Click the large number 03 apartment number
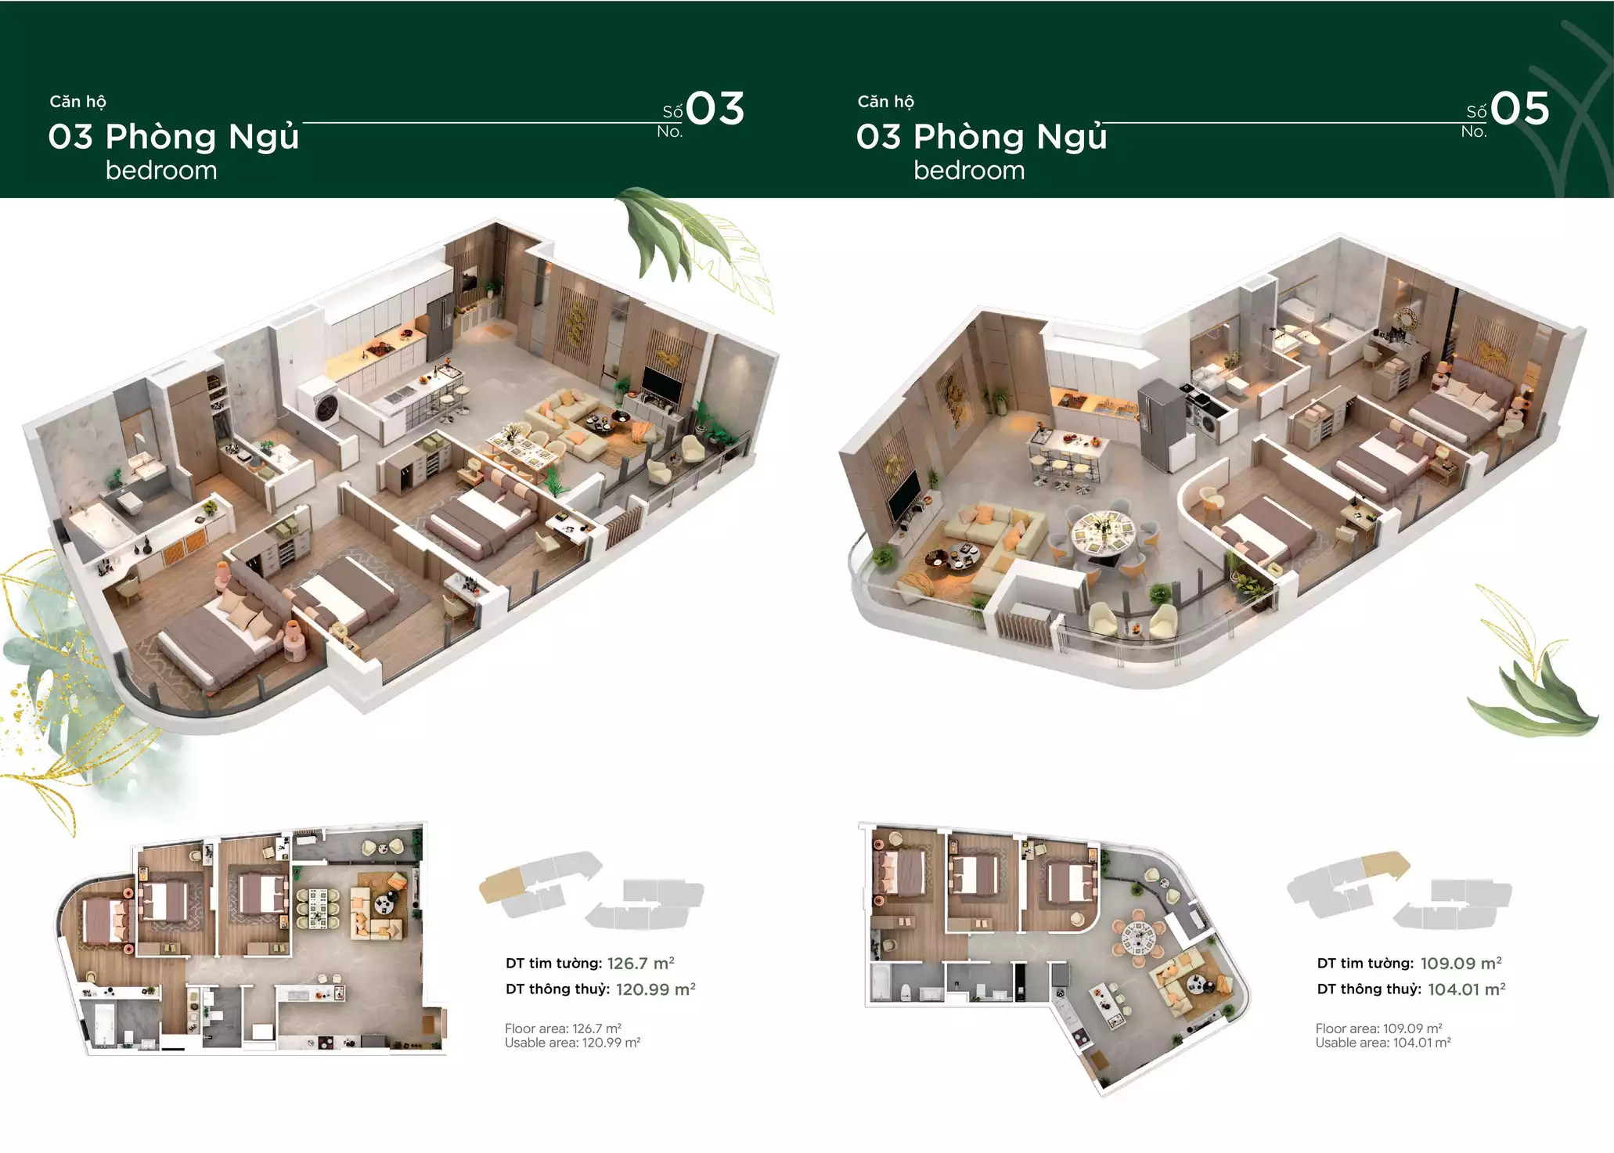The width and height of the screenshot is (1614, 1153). coord(715,109)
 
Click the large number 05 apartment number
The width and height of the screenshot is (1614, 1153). coord(1519,109)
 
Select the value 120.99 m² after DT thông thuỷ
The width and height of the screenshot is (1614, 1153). coord(655,989)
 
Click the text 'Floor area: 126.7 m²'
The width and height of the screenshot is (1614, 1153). coord(563,1029)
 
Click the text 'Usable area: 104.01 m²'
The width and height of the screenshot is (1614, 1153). coord(1382,1043)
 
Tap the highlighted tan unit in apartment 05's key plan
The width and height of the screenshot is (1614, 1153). coord(1385,863)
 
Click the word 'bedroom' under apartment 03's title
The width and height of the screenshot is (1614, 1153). coord(161,171)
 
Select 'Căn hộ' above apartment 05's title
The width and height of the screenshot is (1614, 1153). coord(885,102)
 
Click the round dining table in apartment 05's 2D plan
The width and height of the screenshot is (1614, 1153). coord(1138,935)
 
